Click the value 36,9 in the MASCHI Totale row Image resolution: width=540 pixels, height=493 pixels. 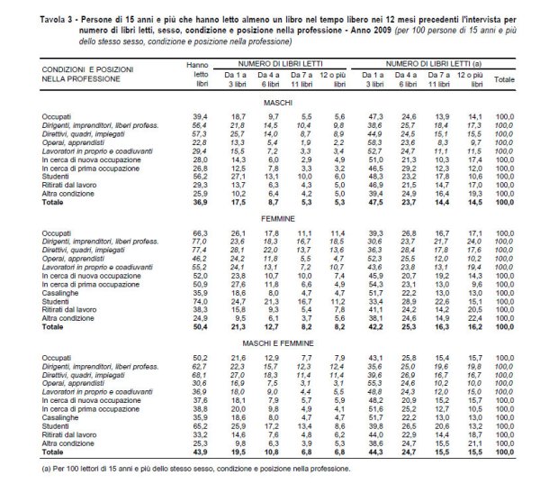pos(196,205)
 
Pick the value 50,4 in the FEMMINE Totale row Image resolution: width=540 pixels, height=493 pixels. pos(196,328)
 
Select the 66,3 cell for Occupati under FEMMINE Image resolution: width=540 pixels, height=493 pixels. pos(197,233)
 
